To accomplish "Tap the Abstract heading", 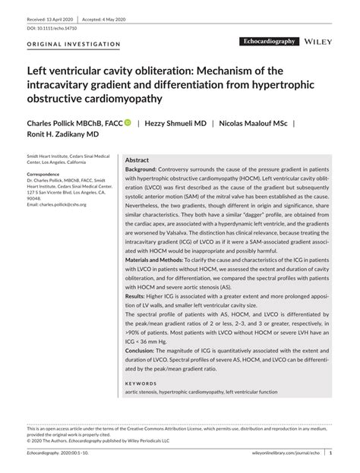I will tap(137, 162).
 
